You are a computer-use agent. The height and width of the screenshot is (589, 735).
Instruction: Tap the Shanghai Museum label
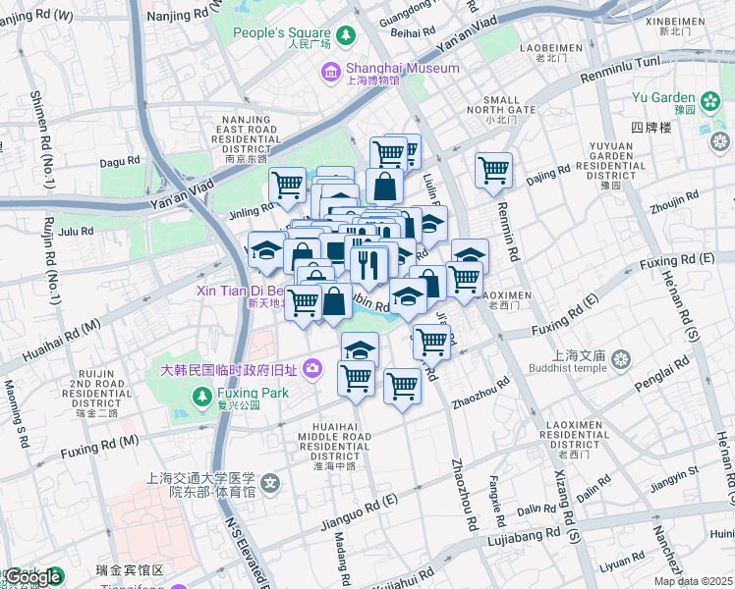pyautogui.click(x=403, y=69)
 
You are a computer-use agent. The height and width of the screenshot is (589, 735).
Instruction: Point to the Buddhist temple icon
pyautogui.click(x=620, y=359)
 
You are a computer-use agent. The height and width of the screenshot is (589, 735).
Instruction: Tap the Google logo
pyautogui.click(x=32, y=577)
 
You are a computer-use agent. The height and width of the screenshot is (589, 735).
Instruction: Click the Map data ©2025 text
pyautogui.click(x=693, y=581)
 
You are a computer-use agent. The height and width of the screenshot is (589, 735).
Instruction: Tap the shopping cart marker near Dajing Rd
pyautogui.click(x=493, y=169)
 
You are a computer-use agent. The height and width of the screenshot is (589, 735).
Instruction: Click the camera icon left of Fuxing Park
pyautogui.click(x=312, y=369)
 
